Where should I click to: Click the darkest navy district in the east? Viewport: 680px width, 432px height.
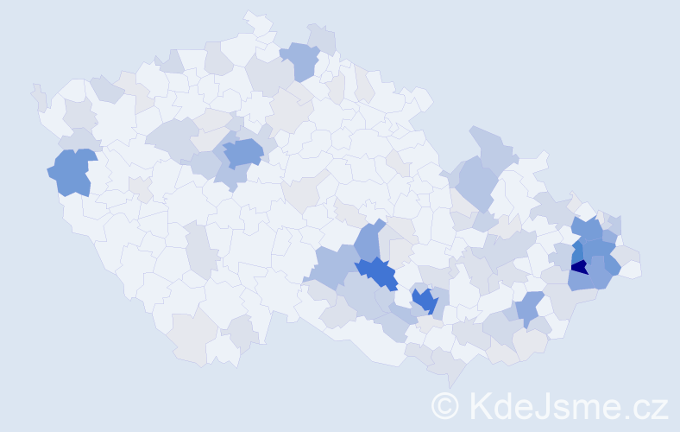(x=579, y=267)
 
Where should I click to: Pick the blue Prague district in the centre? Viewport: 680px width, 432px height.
(x=243, y=153)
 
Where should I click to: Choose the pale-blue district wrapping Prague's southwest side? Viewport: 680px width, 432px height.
(x=230, y=175)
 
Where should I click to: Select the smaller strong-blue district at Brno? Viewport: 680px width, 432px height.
(x=424, y=300)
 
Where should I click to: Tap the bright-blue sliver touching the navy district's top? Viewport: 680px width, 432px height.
(x=576, y=252)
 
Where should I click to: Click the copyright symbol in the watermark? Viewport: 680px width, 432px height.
(x=444, y=405)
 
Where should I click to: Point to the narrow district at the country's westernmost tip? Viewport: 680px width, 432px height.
(x=38, y=97)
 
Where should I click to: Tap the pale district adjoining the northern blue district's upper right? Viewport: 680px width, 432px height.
(x=321, y=36)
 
